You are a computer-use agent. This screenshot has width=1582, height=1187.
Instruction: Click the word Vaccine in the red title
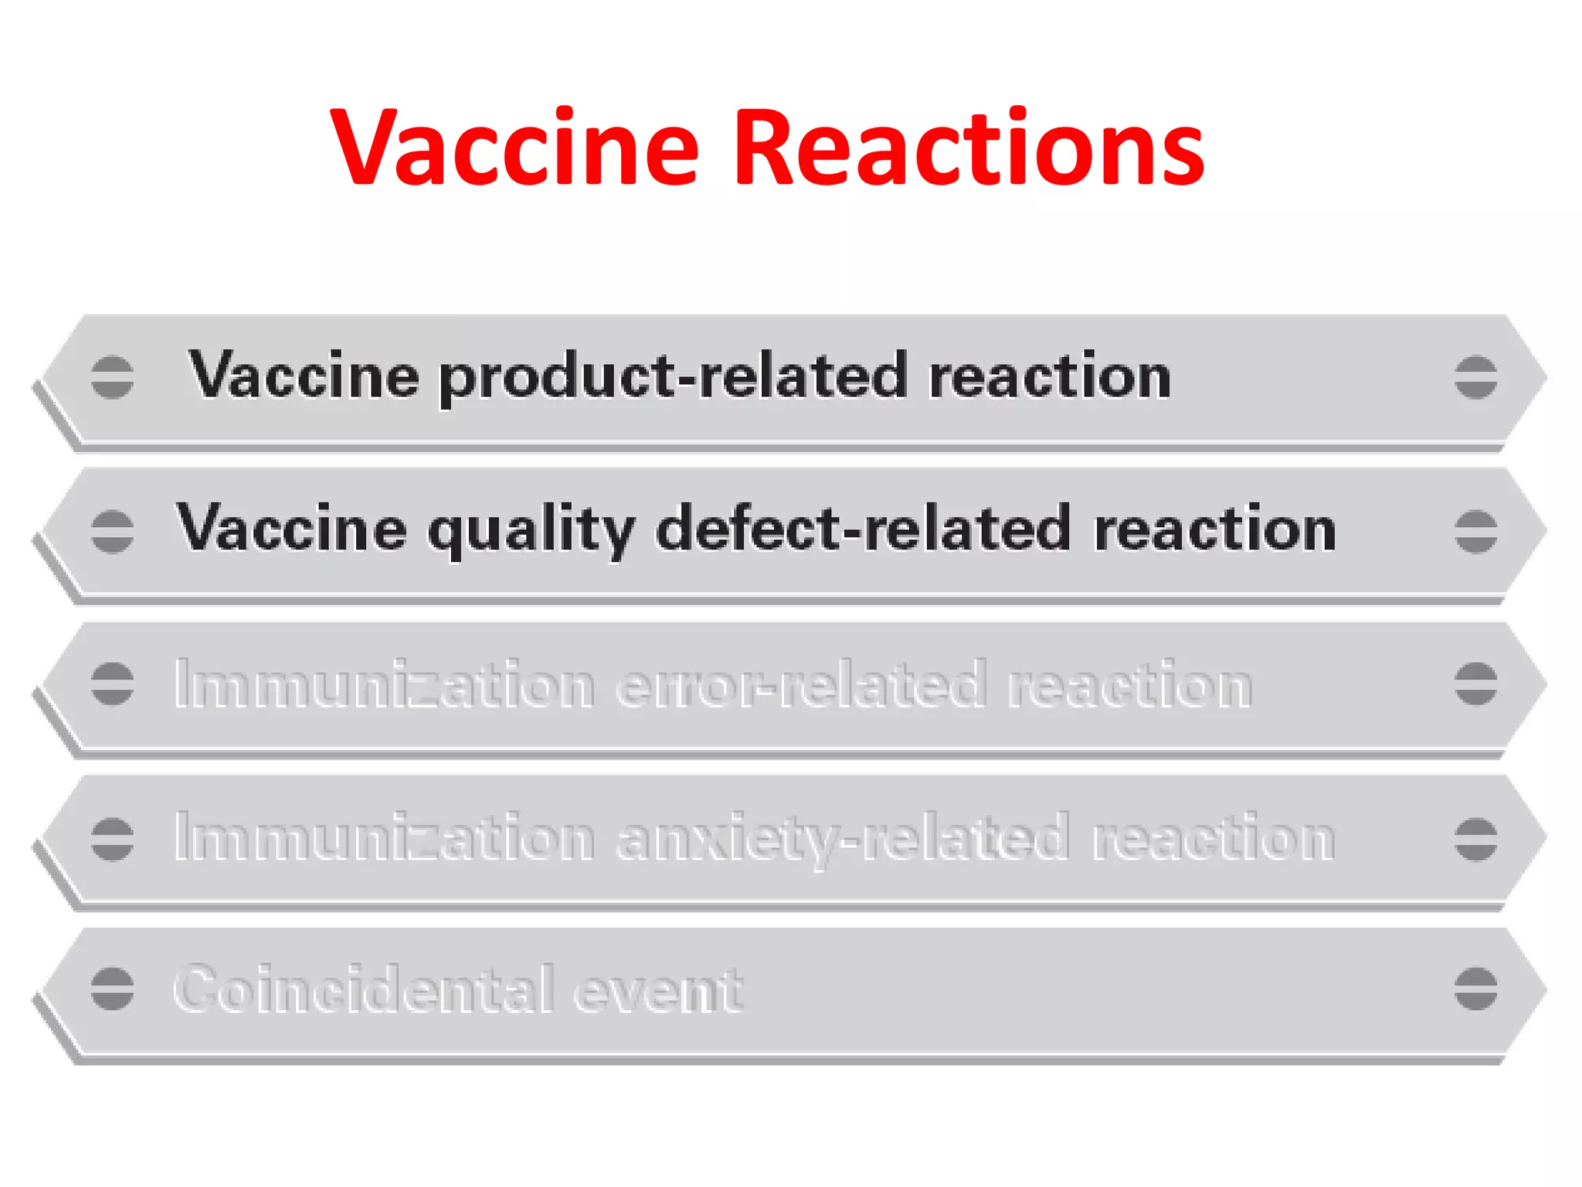[x=514, y=148]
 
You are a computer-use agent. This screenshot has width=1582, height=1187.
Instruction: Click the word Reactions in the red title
[x=969, y=148]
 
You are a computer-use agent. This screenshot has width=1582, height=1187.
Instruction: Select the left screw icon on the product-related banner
[x=112, y=377]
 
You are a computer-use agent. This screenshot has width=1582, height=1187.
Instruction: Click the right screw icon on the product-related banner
[x=1475, y=377]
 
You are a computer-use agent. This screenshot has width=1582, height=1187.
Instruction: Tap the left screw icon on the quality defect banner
[x=112, y=532]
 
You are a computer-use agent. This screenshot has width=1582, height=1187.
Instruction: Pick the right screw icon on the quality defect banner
[x=1475, y=532]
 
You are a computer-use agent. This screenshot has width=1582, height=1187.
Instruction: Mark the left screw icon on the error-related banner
[x=112, y=684]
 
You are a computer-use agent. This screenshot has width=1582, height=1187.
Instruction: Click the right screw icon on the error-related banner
[x=1475, y=684]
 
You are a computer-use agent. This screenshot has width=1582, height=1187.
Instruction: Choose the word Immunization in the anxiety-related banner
[x=384, y=838]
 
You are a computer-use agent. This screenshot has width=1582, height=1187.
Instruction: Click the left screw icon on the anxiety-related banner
[x=112, y=838]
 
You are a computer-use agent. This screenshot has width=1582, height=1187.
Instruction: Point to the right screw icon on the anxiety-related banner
[x=1475, y=838]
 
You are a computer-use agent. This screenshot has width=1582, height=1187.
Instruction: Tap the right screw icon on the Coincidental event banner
[x=1475, y=988]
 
